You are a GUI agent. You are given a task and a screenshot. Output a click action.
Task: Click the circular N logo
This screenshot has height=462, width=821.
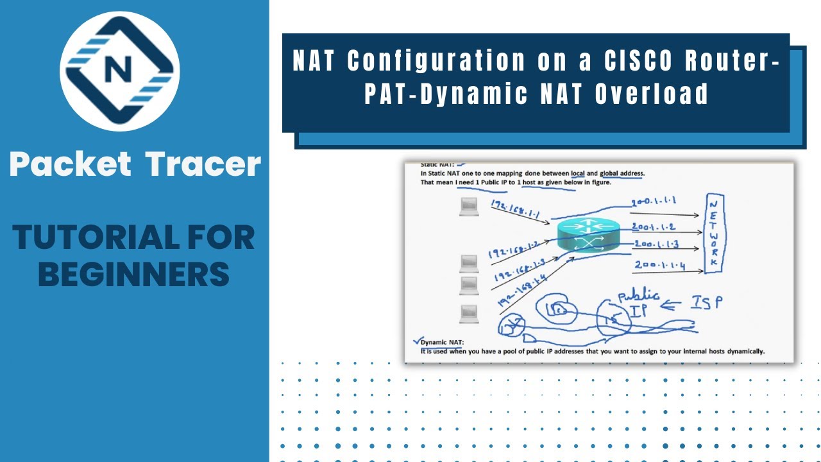coord(120,71)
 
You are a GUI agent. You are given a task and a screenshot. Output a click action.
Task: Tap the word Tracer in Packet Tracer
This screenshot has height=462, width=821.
coord(203,164)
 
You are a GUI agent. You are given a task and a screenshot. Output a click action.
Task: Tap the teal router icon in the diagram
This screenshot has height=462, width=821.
coord(588,235)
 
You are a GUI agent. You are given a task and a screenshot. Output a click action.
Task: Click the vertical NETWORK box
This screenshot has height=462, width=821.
coord(715,234)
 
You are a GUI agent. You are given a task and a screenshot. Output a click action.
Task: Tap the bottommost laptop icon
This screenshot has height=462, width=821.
coord(469,314)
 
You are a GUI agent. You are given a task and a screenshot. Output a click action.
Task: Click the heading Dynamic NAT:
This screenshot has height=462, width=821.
coord(442,342)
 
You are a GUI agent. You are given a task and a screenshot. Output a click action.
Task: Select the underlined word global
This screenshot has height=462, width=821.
coord(613,173)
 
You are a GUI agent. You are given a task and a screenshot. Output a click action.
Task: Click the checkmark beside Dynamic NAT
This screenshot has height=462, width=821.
coord(418,340)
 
